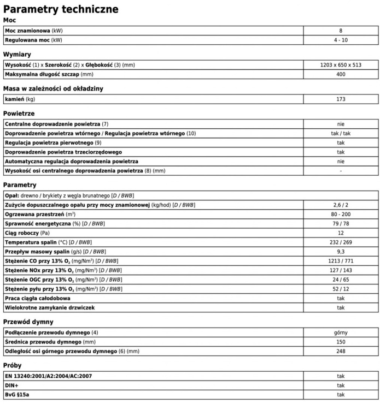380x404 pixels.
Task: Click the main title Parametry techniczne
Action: [x=61, y=9]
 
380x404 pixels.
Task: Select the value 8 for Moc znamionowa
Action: [x=341, y=31]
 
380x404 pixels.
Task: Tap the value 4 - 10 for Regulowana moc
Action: [x=341, y=40]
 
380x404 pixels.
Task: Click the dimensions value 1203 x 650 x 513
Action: [x=341, y=65]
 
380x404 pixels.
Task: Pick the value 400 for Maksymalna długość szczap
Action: [x=341, y=74]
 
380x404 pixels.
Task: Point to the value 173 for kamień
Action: [x=341, y=99]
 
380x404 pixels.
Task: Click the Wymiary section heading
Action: [x=17, y=55]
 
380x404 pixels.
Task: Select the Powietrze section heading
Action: [x=19, y=114]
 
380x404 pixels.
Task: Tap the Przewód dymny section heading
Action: [x=28, y=322]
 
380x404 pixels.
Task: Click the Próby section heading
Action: [x=13, y=365]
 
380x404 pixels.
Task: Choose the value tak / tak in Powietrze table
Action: [x=341, y=133]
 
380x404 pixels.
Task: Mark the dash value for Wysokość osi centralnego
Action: [x=341, y=171]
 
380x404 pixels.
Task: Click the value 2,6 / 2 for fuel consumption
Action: [x=341, y=205]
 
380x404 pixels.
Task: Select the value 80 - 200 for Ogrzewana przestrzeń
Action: [x=341, y=214]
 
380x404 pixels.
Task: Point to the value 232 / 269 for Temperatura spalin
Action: [x=341, y=242]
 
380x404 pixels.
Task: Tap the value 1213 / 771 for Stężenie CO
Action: [x=341, y=261]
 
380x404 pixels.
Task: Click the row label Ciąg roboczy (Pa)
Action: [x=27, y=233]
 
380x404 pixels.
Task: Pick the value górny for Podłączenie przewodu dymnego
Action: [x=341, y=332]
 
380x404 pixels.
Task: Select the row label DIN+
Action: [x=12, y=385]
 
